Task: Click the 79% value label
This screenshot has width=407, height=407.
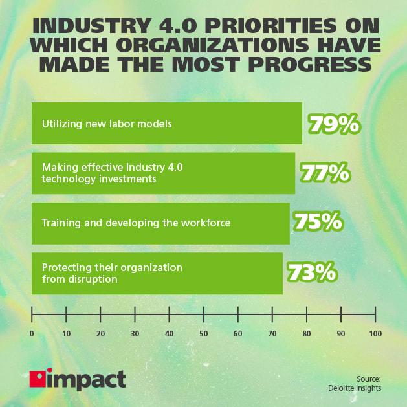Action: pos(334,124)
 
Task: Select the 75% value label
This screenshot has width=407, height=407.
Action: pos(318,223)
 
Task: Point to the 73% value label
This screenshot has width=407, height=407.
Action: pos(311,272)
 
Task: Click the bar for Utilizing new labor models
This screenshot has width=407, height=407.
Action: pos(166,123)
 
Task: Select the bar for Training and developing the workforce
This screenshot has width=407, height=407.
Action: pos(160,223)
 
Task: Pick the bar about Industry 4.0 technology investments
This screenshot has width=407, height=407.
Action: pos(163,173)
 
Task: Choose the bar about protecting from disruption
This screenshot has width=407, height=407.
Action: pos(157,273)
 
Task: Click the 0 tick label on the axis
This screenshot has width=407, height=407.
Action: pos(32,334)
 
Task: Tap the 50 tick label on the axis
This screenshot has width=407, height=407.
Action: pos(203,334)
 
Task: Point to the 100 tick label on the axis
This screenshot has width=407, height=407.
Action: pos(375,334)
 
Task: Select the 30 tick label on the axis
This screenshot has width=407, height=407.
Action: pos(135,334)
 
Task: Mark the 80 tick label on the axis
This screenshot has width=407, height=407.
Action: pos(306,334)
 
